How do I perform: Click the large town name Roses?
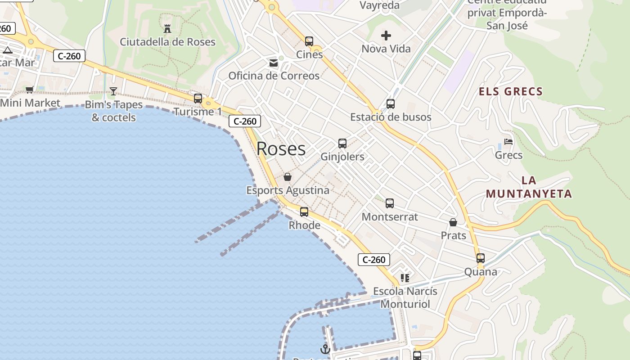281,149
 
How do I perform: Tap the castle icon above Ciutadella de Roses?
167,29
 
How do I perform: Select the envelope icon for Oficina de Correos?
274,63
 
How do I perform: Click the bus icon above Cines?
309,41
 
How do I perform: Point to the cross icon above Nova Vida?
386,36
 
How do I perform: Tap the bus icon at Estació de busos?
391,104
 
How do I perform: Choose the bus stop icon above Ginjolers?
342,144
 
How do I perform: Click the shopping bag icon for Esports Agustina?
288,177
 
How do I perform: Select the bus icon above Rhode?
304,212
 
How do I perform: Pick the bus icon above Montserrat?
390,203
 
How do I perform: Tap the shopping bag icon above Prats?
453,222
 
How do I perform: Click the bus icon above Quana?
481,258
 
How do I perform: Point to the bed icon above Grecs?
508,142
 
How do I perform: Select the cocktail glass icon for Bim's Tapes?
113,91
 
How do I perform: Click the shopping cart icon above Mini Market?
30,90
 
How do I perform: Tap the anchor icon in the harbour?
325,349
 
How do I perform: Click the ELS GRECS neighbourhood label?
511,92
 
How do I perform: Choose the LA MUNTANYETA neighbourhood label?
529,187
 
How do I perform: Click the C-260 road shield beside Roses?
245,121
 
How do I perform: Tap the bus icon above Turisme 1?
198,99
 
